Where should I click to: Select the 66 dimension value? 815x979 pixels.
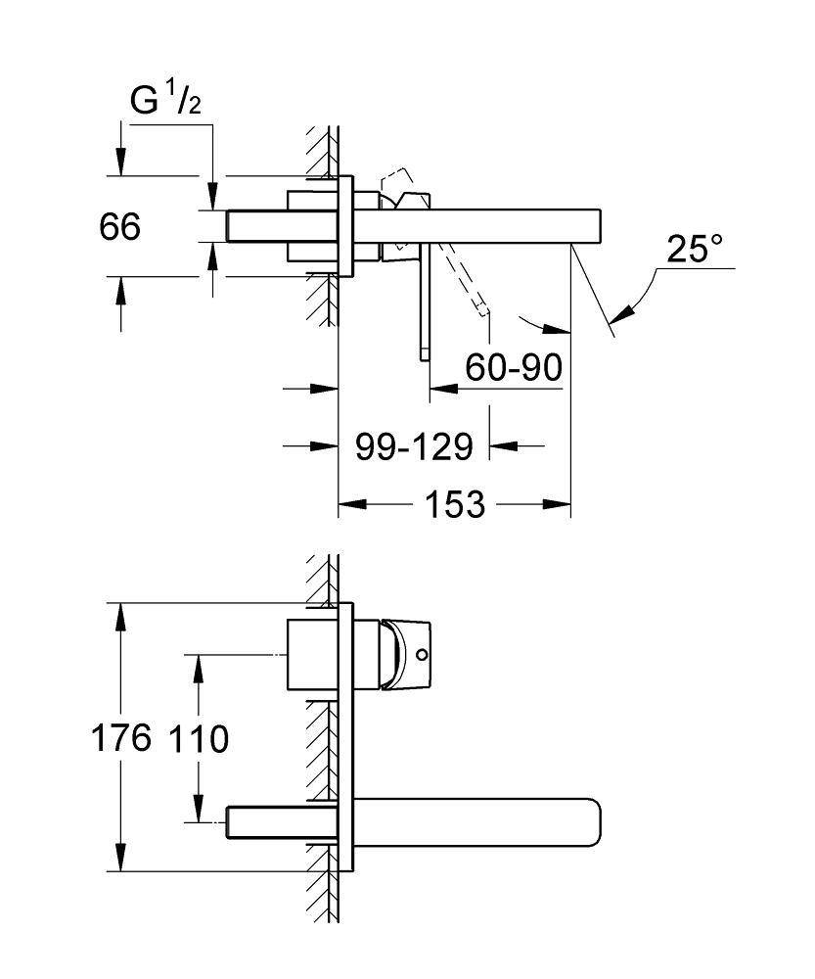[120, 227]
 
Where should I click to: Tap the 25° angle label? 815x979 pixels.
[701, 250]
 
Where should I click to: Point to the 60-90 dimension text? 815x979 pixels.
[514, 368]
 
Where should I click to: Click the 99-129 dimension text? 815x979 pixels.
[414, 447]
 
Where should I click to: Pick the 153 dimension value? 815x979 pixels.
[454, 505]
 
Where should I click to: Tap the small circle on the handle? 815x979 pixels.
[423, 654]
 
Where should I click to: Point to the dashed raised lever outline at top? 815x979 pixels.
[396, 182]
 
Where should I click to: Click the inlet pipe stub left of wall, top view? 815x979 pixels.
[256, 225]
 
